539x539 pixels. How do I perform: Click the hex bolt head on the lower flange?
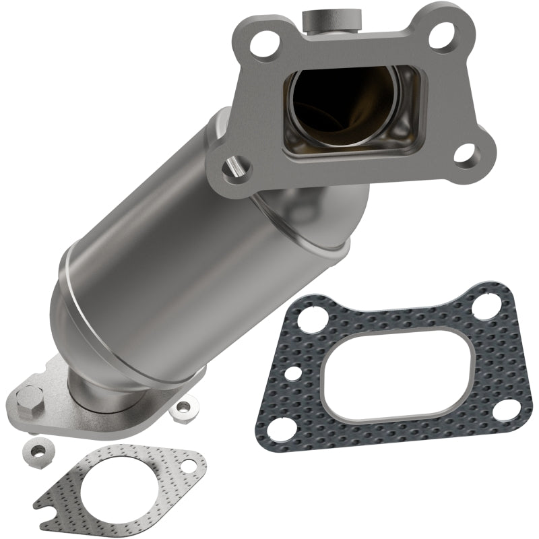pyautogui.click(x=31, y=398)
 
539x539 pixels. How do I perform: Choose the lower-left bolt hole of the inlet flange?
pyautogui.click(x=235, y=164)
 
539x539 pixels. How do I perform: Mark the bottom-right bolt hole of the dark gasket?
pyautogui.click(x=503, y=409)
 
